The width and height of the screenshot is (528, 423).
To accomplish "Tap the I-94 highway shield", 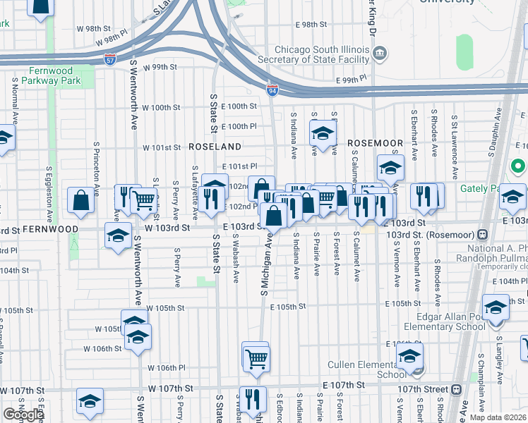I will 272,90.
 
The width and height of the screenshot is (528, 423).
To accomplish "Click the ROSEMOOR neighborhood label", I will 375,142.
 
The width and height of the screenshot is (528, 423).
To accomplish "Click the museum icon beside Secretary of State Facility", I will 380,52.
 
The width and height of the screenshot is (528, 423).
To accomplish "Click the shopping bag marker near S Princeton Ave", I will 81,200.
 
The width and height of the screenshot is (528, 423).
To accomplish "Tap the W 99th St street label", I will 158,68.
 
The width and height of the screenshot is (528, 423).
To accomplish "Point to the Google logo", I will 23,415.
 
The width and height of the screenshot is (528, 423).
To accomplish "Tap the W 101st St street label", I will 162,148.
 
